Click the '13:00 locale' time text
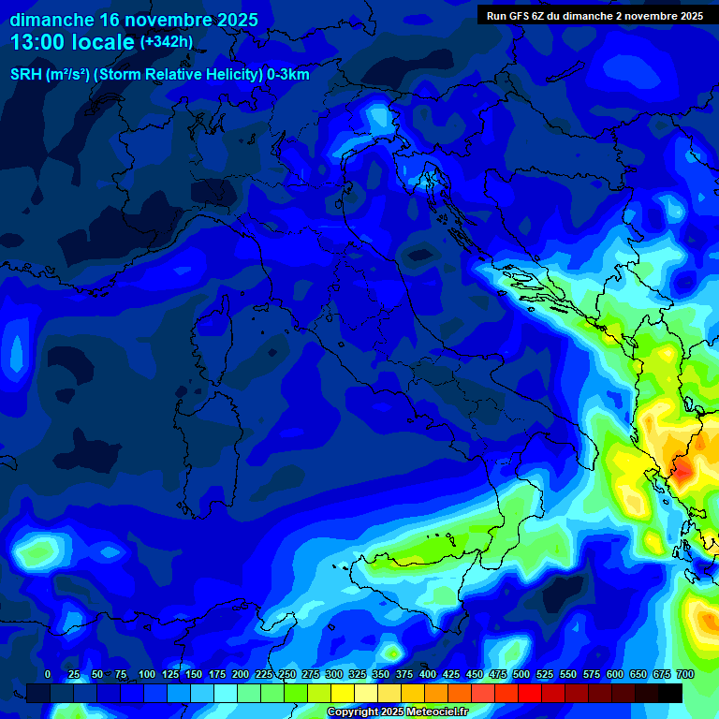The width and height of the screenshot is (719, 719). tap(73, 42)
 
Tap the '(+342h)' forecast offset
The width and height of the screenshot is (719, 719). tap(167, 42)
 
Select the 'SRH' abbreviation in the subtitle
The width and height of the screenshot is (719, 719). tap(26, 75)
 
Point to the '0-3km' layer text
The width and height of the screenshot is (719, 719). tap(288, 75)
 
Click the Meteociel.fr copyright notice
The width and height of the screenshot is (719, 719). tap(396, 712)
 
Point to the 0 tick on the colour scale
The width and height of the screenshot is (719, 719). tap(48, 675)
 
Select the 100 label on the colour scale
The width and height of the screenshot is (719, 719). tap(147, 675)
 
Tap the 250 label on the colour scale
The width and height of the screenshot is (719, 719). tap(287, 675)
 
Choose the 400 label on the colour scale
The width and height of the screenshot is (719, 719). tap(428, 675)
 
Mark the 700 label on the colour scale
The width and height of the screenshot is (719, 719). tap(684, 675)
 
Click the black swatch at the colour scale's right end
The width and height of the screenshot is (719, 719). tap(670, 693)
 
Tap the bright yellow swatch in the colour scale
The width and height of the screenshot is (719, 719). tap(343, 693)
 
